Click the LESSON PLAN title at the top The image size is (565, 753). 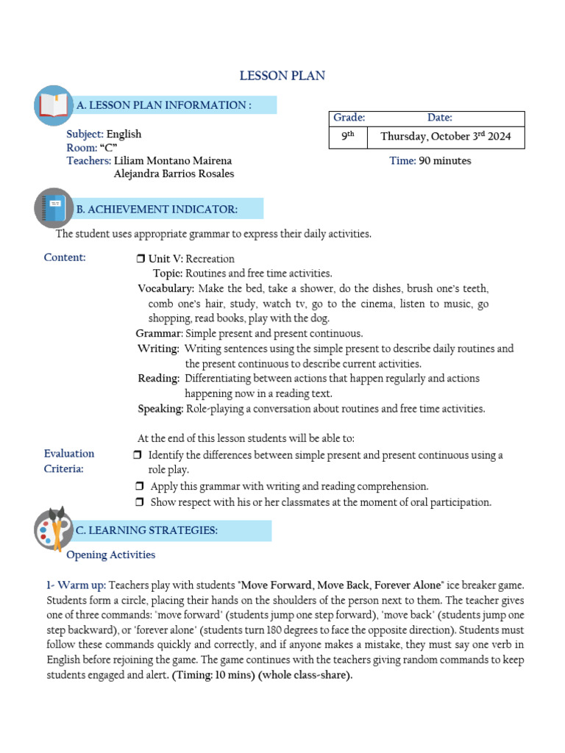click(282, 76)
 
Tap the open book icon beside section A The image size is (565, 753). click(53, 105)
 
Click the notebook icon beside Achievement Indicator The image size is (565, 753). click(53, 208)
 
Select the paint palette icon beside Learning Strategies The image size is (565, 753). click(53, 529)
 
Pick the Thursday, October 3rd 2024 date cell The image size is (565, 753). click(445, 137)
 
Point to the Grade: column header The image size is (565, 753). click(349, 118)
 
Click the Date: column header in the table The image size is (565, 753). click(439, 118)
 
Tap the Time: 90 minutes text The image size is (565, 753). click(430, 161)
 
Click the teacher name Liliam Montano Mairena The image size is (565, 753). click(174, 161)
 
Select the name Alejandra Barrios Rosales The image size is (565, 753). click(174, 174)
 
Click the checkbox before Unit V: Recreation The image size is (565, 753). click(141, 259)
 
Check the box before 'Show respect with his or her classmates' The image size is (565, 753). click(141, 502)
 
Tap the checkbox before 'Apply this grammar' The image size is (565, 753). click(141, 487)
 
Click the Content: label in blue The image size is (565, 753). click(65, 257)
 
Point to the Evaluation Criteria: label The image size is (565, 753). click(69, 462)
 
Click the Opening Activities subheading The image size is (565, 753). click(111, 554)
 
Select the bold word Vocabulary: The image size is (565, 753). click(166, 288)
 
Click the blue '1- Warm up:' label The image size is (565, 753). click(76, 585)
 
